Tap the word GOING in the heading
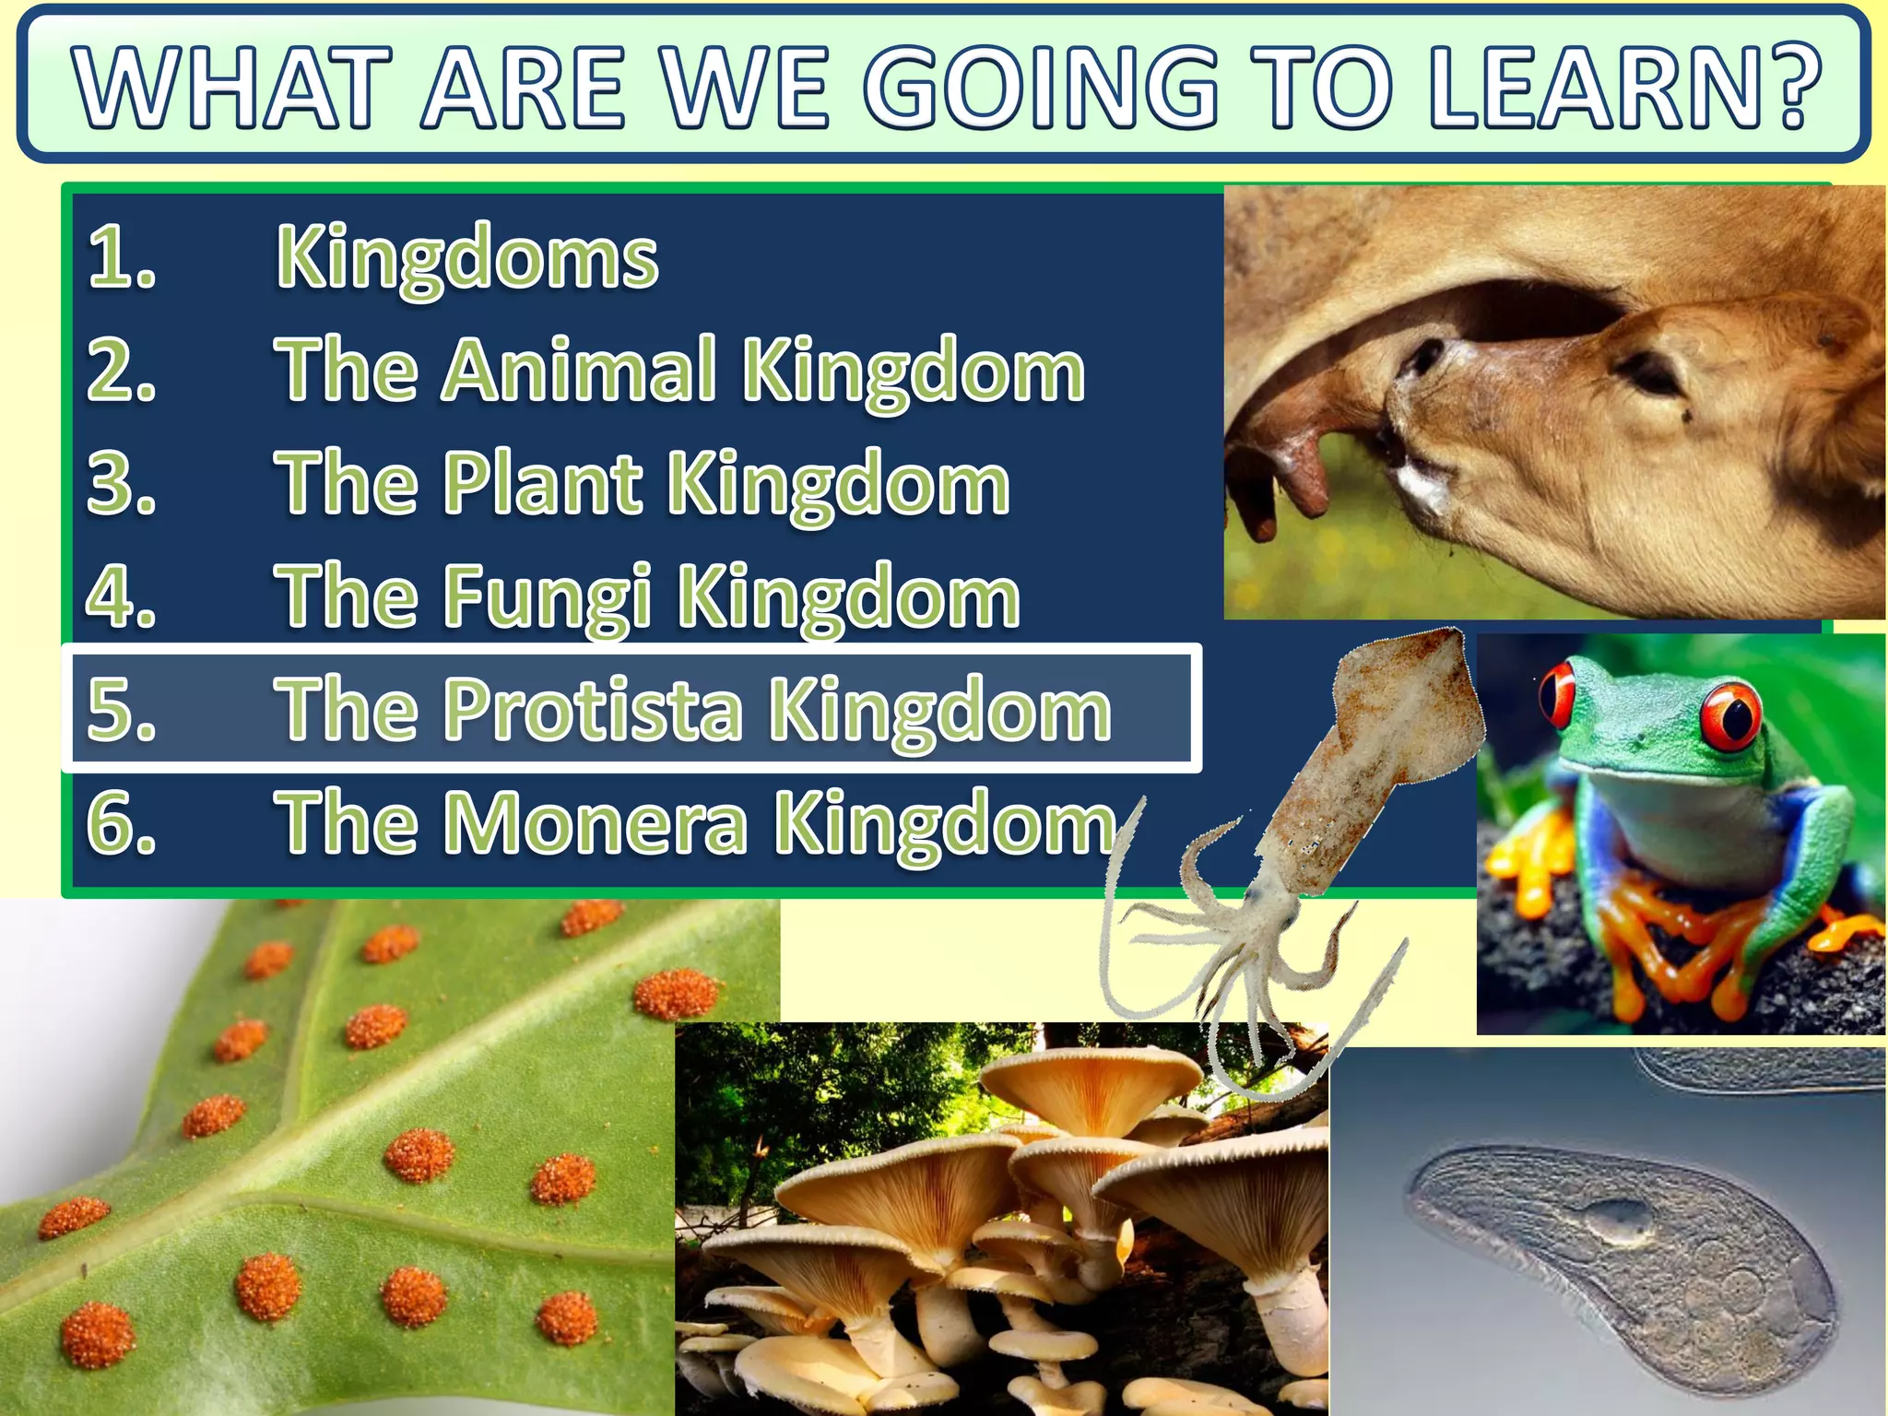click(1041, 88)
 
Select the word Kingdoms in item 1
click(467, 258)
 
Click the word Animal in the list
click(579, 371)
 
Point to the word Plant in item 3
click(542, 484)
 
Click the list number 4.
click(121, 597)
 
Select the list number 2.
click(121, 371)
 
